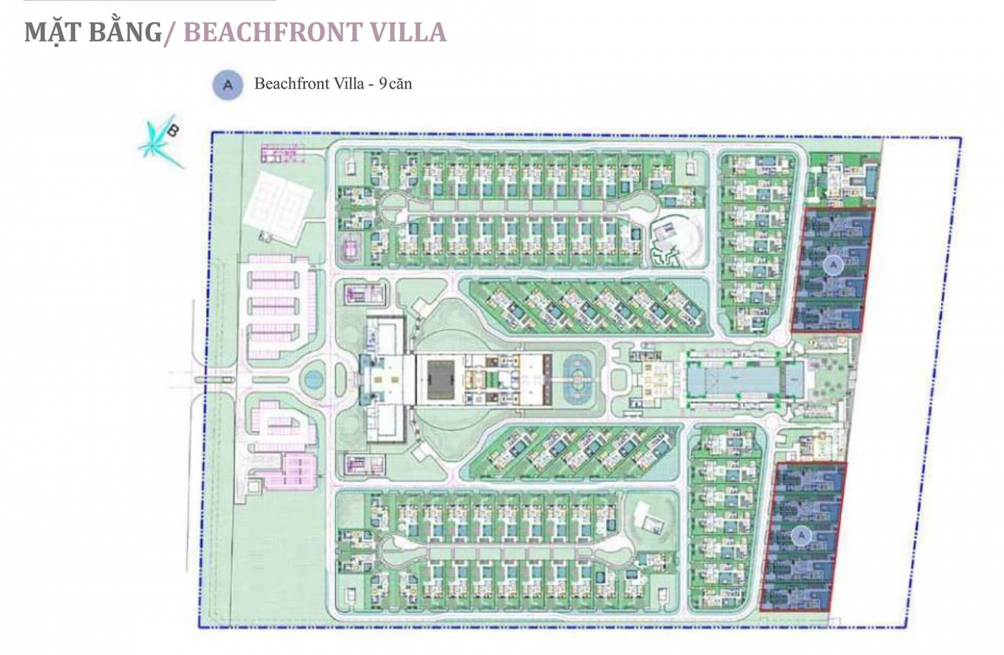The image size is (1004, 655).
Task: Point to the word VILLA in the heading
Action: pos(408,32)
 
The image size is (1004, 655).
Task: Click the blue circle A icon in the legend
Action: pos(228,85)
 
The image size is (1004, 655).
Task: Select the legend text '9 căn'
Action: pos(395,84)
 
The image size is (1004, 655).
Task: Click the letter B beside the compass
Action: pos(173,130)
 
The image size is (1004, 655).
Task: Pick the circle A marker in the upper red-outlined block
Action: pos(833,265)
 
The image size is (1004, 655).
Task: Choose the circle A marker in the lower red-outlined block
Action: pos(801,536)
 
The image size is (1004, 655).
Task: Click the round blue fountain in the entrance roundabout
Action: pos(312,379)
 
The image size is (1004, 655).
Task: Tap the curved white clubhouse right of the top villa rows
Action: pos(671,239)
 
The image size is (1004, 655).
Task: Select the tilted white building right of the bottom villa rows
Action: pos(649,518)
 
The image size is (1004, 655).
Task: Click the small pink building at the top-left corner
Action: pos(280,153)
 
